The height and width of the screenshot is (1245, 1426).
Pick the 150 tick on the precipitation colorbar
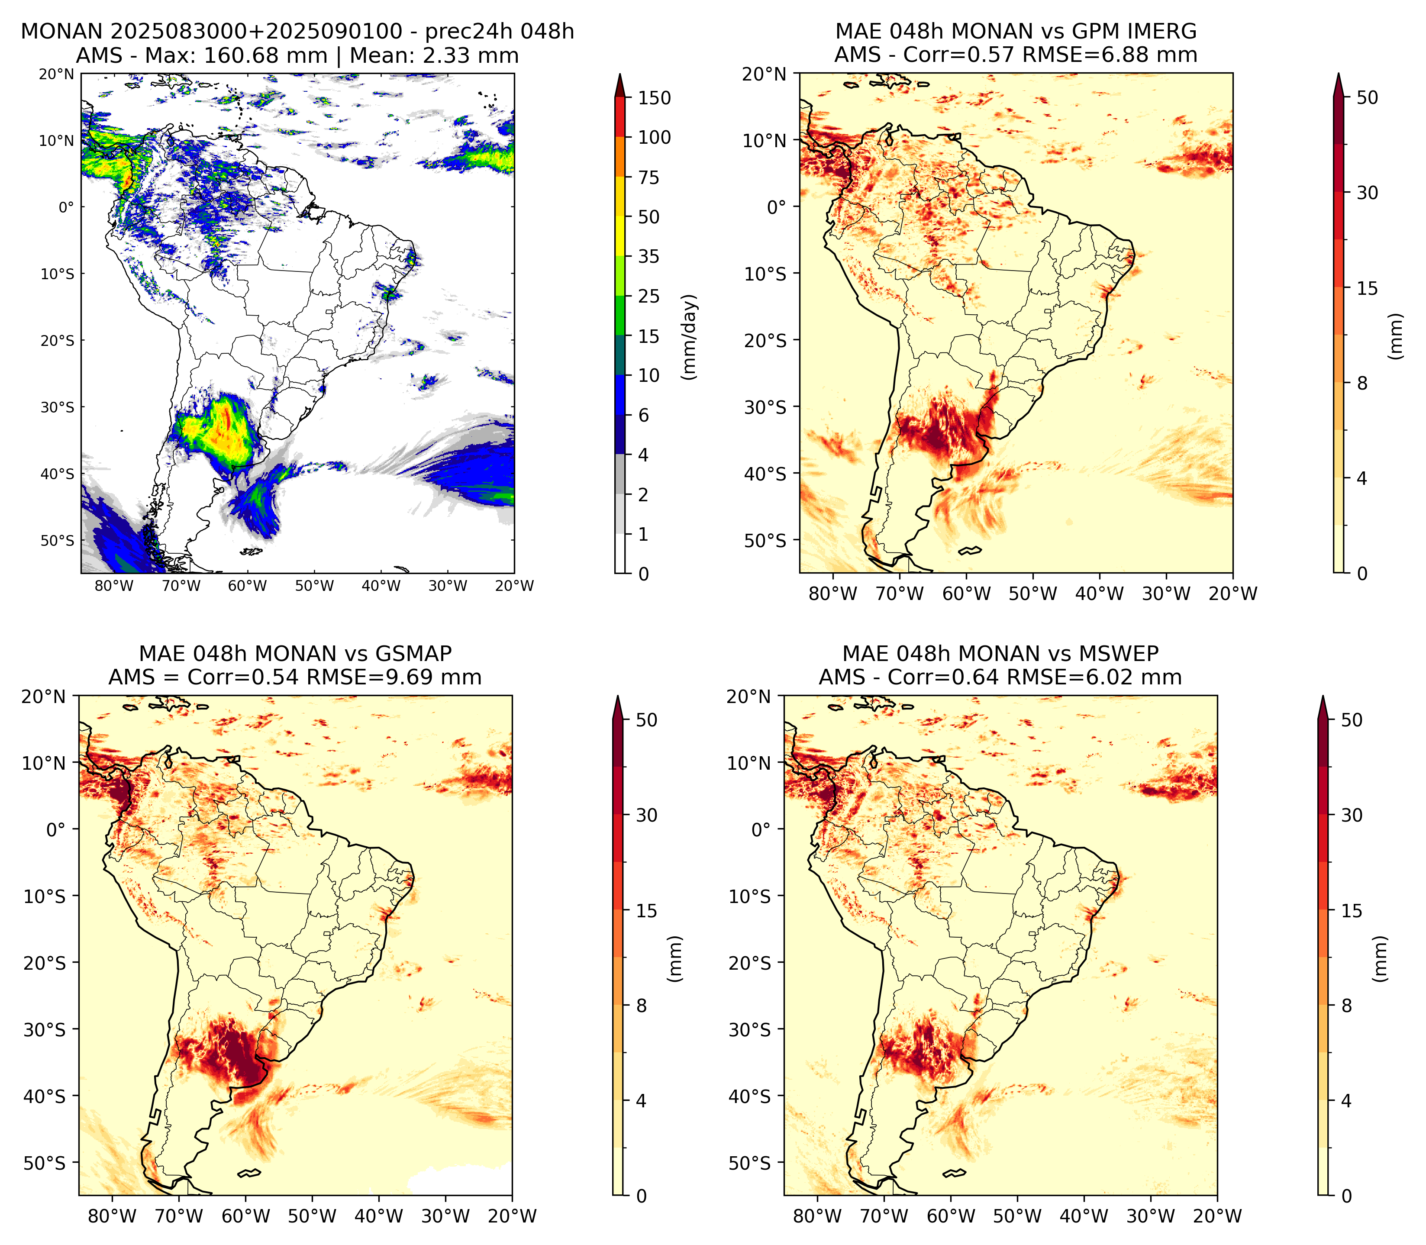pyautogui.click(x=654, y=98)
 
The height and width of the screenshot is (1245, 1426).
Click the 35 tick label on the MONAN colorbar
pyautogui.click(x=649, y=256)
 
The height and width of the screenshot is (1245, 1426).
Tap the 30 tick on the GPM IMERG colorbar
pyautogui.click(x=1367, y=193)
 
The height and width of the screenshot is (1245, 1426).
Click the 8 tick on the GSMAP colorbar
pyautogui.click(x=641, y=1005)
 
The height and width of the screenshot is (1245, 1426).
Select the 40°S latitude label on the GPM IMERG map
pyautogui.click(x=765, y=474)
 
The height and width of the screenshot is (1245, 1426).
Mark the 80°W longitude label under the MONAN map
pyautogui.click(x=114, y=586)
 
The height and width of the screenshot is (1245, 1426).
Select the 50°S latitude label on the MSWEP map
pyautogui.click(x=749, y=1163)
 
